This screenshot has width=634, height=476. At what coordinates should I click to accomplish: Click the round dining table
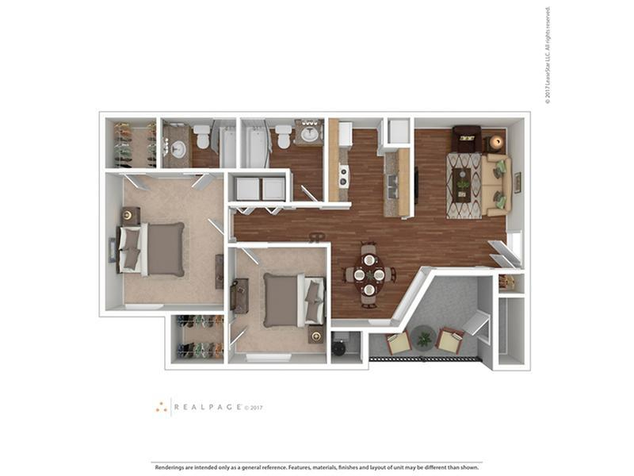369,274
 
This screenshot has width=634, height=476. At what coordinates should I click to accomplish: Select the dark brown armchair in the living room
466,139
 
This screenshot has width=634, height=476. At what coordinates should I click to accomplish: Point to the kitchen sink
391,187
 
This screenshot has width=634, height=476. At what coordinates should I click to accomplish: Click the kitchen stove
344,175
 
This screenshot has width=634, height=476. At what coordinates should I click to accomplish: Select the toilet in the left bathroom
202,136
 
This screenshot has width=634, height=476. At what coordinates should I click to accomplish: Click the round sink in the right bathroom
309,133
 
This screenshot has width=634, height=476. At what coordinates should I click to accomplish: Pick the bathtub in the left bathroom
227,147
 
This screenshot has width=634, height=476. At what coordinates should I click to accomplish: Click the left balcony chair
398,342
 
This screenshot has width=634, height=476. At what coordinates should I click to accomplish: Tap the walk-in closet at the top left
133,144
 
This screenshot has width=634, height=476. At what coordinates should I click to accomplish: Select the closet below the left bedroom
199,338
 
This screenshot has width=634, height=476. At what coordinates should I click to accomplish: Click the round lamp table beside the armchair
496,142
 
